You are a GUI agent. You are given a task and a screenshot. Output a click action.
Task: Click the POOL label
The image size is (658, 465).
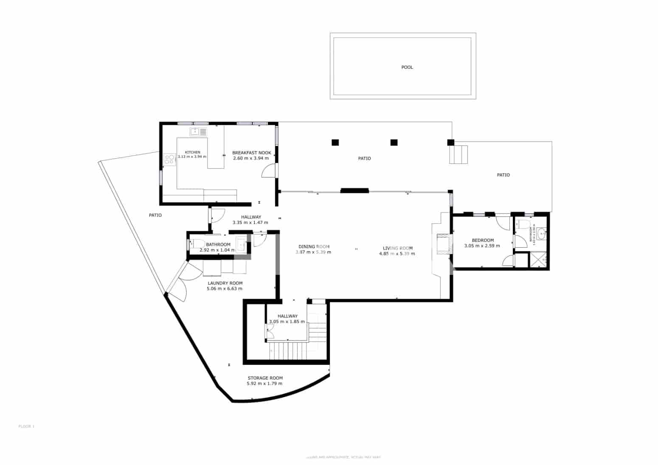tap(407, 67)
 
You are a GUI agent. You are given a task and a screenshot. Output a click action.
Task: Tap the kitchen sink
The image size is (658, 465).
tap(198, 132)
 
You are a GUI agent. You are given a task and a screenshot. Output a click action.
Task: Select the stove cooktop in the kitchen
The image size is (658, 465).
tap(170, 160)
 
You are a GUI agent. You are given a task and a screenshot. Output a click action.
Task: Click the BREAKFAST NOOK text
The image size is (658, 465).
tap(251, 153)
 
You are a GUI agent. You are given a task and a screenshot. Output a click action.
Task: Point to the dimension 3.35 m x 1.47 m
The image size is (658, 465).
tap(250, 222)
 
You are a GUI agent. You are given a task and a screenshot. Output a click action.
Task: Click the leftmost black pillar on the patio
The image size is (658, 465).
tap(335, 143)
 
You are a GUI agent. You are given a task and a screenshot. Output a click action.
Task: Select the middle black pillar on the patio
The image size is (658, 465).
tap(394, 143)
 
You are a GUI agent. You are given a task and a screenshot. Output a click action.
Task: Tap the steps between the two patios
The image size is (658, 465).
tap(458, 154)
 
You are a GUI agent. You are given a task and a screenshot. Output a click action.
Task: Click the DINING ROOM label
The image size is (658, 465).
tap(314, 247)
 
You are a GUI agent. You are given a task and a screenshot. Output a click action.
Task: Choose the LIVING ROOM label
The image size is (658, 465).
tap(397, 248)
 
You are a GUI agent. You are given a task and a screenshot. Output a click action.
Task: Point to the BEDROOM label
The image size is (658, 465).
tap(483, 240)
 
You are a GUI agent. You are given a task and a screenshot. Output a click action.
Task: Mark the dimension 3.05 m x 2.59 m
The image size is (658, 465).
tap(482, 246)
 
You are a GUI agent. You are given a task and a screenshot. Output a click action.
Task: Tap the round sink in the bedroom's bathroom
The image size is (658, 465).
tap(542, 233)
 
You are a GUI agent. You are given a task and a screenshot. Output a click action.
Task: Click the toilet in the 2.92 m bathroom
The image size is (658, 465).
tap(196, 244)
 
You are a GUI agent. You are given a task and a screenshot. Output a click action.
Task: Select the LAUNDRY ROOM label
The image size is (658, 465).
tap(225, 283)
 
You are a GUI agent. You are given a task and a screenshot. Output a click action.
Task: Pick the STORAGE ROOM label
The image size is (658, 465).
tap(265, 378)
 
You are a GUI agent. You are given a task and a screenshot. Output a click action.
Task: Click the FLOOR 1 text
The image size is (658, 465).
tap(26, 426)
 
